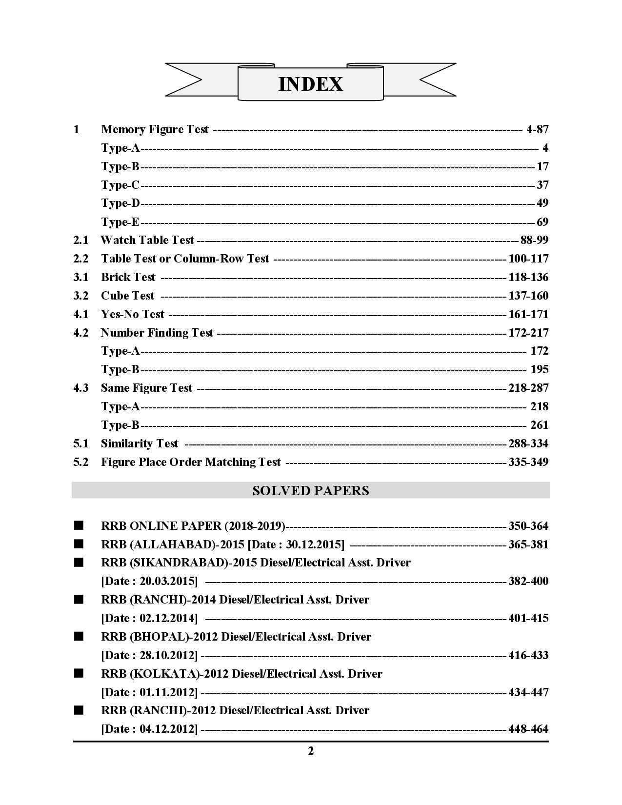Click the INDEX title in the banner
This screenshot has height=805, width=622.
(x=310, y=84)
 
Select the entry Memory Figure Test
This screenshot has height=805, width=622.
(x=155, y=129)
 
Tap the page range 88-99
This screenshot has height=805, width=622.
(x=534, y=240)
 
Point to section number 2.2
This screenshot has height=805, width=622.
(x=81, y=259)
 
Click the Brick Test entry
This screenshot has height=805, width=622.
(x=128, y=277)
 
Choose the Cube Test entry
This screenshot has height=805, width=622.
(x=127, y=296)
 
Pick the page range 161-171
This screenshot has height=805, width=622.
(x=528, y=314)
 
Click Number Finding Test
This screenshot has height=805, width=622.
(x=157, y=333)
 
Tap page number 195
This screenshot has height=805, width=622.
(x=539, y=369)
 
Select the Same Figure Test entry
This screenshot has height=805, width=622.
(x=147, y=388)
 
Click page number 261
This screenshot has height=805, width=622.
(x=539, y=425)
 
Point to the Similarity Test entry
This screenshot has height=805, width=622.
(x=140, y=443)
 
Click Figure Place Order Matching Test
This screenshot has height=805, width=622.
(x=191, y=462)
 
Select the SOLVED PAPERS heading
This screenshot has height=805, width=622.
(x=311, y=491)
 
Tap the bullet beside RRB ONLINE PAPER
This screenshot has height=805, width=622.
(x=79, y=526)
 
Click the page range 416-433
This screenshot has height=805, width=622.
(x=528, y=655)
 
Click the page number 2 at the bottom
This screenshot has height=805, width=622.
(x=311, y=751)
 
